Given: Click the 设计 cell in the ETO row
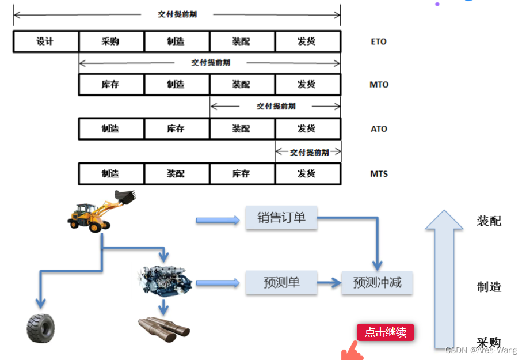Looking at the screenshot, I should (x=45, y=41).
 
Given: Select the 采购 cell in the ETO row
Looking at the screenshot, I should (x=111, y=41).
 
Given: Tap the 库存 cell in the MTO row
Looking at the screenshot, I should (x=111, y=84).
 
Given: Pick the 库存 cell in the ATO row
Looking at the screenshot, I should (x=176, y=129).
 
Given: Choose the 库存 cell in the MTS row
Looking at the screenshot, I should (x=242, y=173).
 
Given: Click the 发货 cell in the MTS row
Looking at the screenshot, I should (x=307, y=173).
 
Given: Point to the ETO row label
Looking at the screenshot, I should (x=379, y=41).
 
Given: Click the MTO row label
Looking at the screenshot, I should (x=379, y=85).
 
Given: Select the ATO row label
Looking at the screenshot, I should (x=379, y=129).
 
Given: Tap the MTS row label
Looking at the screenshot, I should (x=379, y=173).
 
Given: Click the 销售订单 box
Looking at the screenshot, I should (x=281, y=218).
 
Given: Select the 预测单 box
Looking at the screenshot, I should (x=281, y=283).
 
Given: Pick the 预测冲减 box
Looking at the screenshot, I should (x=377, y=283).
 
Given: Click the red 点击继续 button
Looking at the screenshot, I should (x=385, y=332).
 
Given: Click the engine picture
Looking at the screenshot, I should (x=165, y=281).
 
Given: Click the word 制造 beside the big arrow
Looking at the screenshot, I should (x=489, y=287).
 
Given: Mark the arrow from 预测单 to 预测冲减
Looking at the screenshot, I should (x=329, y=283).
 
